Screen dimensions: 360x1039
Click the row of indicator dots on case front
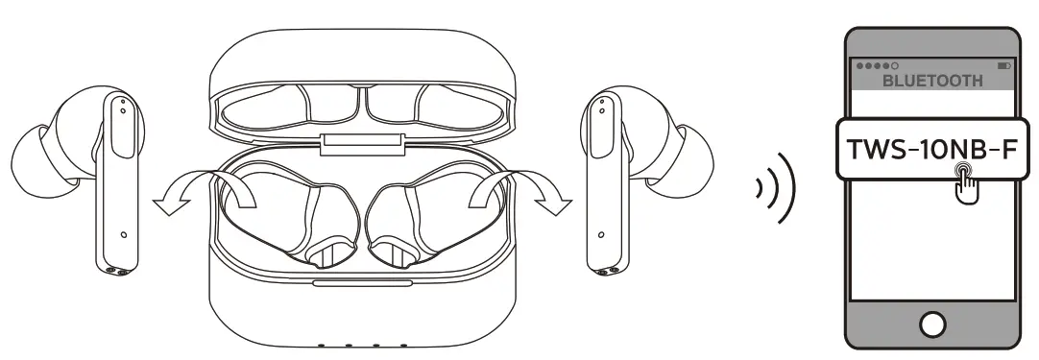(x=362, y=346)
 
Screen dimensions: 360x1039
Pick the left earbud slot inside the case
(x=288, y=211)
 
